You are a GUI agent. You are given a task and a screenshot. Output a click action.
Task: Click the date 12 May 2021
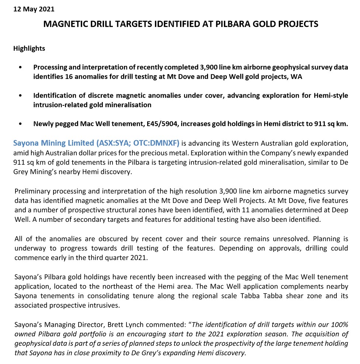34,9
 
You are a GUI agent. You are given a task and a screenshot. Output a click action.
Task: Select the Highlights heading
29,48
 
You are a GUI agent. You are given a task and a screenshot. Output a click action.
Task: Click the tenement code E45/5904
159,124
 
